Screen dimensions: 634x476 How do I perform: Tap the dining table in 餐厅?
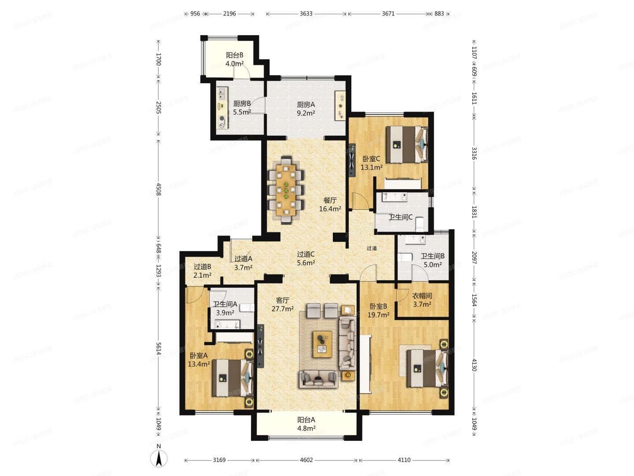pos(286,190)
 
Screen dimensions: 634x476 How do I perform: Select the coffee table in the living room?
pos(322,344)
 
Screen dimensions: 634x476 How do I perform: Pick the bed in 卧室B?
pos(428,368)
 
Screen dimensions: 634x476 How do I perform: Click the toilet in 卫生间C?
pos(420,224)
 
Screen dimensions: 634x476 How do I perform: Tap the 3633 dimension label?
pos(306,14)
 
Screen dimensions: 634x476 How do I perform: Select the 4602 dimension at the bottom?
pos(306,460)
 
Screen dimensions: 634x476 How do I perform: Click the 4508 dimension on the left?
pos(158,189)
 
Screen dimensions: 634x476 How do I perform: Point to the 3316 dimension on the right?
pos(474,153)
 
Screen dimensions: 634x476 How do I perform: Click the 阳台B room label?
pos(235,55)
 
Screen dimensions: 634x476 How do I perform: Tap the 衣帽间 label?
pos(422,296)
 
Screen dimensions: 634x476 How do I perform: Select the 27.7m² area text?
pos(283,309)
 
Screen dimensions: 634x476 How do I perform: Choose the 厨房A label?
pos(306,104)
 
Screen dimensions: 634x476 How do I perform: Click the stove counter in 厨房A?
pos(340,105)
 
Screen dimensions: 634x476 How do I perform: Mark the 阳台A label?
pos(306,420)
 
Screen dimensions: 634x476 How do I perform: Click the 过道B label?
pos(202,267)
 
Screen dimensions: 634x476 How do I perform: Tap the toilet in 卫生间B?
pos(404,257)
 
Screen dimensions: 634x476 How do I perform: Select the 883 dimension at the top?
pos(439,14)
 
